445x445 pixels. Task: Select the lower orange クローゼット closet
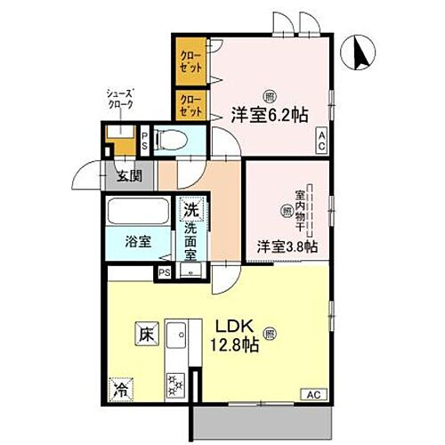pyautogui.click(x=189, y=106)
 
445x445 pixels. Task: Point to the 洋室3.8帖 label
pyautogui.click(x=287, y=246)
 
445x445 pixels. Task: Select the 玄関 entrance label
pyautogui.click(x=129, y=174)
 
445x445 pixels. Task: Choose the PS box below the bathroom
pyautogui.click(x=164, y=272)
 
